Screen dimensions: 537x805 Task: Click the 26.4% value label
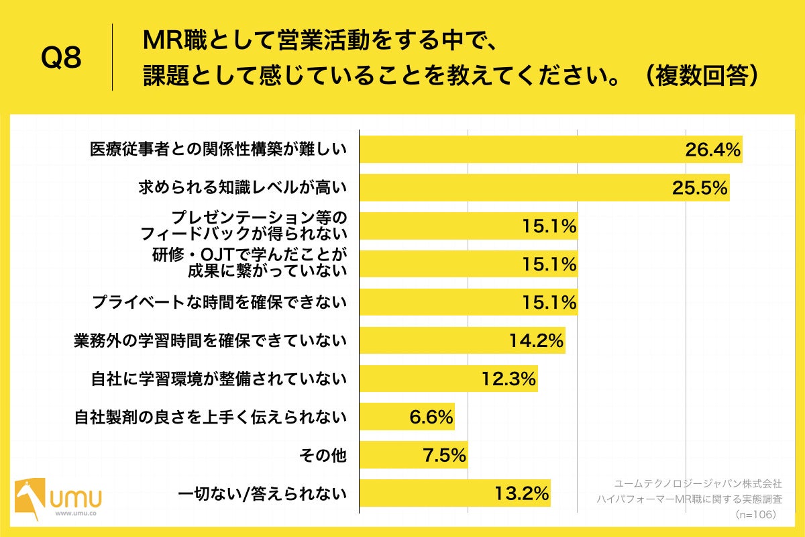tap(712, 150)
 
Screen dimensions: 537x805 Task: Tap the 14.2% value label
tap(535, 342)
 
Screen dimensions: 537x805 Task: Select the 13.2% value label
tap(521, 494)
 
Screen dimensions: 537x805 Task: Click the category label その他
tap(322, 456)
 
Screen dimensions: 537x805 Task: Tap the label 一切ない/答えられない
tap(262, 495)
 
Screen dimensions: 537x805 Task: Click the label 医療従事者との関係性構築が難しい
tap(218, 150)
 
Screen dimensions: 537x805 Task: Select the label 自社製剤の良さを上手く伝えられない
tap(209, 418)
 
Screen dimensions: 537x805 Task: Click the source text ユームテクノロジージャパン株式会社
tap(698, 483)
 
